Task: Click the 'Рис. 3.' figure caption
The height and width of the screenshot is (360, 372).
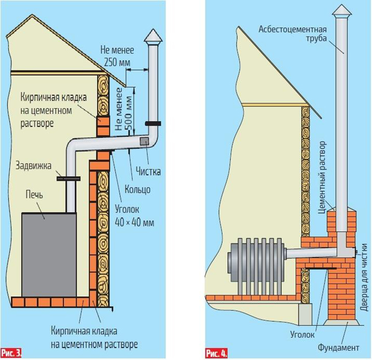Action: (11, 352)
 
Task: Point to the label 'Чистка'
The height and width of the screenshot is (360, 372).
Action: (148, 172)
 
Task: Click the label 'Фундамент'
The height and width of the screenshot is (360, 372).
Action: (339, 348)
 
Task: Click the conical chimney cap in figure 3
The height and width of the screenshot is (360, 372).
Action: (152, 36)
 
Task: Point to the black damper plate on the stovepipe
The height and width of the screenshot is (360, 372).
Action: (68, 178)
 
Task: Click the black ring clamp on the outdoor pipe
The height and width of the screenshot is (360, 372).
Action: (152, 124)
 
